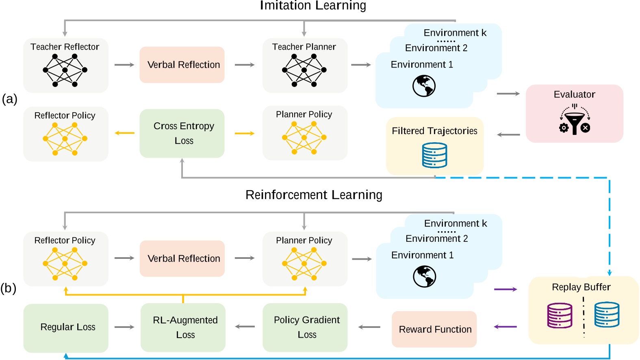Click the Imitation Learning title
click(313, 6)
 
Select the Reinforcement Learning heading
click(314, 195)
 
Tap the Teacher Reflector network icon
click(65, 70)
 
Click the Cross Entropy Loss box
click(182, 133)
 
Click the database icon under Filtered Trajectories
click(434, 155)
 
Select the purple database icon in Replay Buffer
click(560, 315)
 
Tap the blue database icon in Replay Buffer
click(607, 314)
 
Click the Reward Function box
click(434, 329)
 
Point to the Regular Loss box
click(66, 327)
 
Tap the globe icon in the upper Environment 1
click(424, 86)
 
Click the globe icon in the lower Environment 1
click(424, 276)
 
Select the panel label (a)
click(9, 99)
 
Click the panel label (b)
click(9, 288)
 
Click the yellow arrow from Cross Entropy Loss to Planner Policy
click(244, 133)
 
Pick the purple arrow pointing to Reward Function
click(505, 327)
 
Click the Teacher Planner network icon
click(304, 70)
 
